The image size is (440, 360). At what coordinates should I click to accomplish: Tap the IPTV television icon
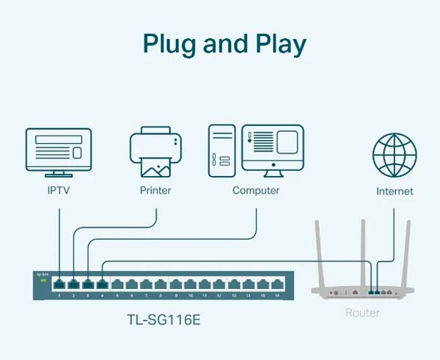pyautogui.click(x=59, y=151)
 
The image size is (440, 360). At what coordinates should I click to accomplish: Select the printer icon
pyautogui.click(x=155, y=153)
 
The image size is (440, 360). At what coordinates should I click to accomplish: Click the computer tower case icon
pyautogui.click(x=223, y=151)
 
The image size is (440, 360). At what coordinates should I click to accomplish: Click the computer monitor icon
pyautogui.click(x=272, y=150)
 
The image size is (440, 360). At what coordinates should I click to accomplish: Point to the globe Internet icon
pyautogui.click(x=395, y=154)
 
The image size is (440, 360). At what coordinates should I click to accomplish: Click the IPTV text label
pyautogui.click(x=59, y=191)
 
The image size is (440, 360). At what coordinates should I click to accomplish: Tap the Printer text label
pyautogui.click(x=155, y=191)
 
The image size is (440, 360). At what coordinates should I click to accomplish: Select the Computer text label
pyautogui.click(x=256, y=191)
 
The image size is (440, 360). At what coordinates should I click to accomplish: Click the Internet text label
pyautogui.click(x=395, y=191)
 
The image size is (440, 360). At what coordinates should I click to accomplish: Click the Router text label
pyautogui.click(x=362, y=312)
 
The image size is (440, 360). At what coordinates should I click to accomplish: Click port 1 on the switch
pyautogui.click(x=59, y=283)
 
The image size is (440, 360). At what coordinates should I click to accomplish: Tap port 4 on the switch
pyautogui.click(x=102, y=283)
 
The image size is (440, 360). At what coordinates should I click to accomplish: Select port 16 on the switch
pyautogui.click(x=276, y=283)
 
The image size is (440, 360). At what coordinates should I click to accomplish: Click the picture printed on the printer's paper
pyautogui.click(x=155, y=170)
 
